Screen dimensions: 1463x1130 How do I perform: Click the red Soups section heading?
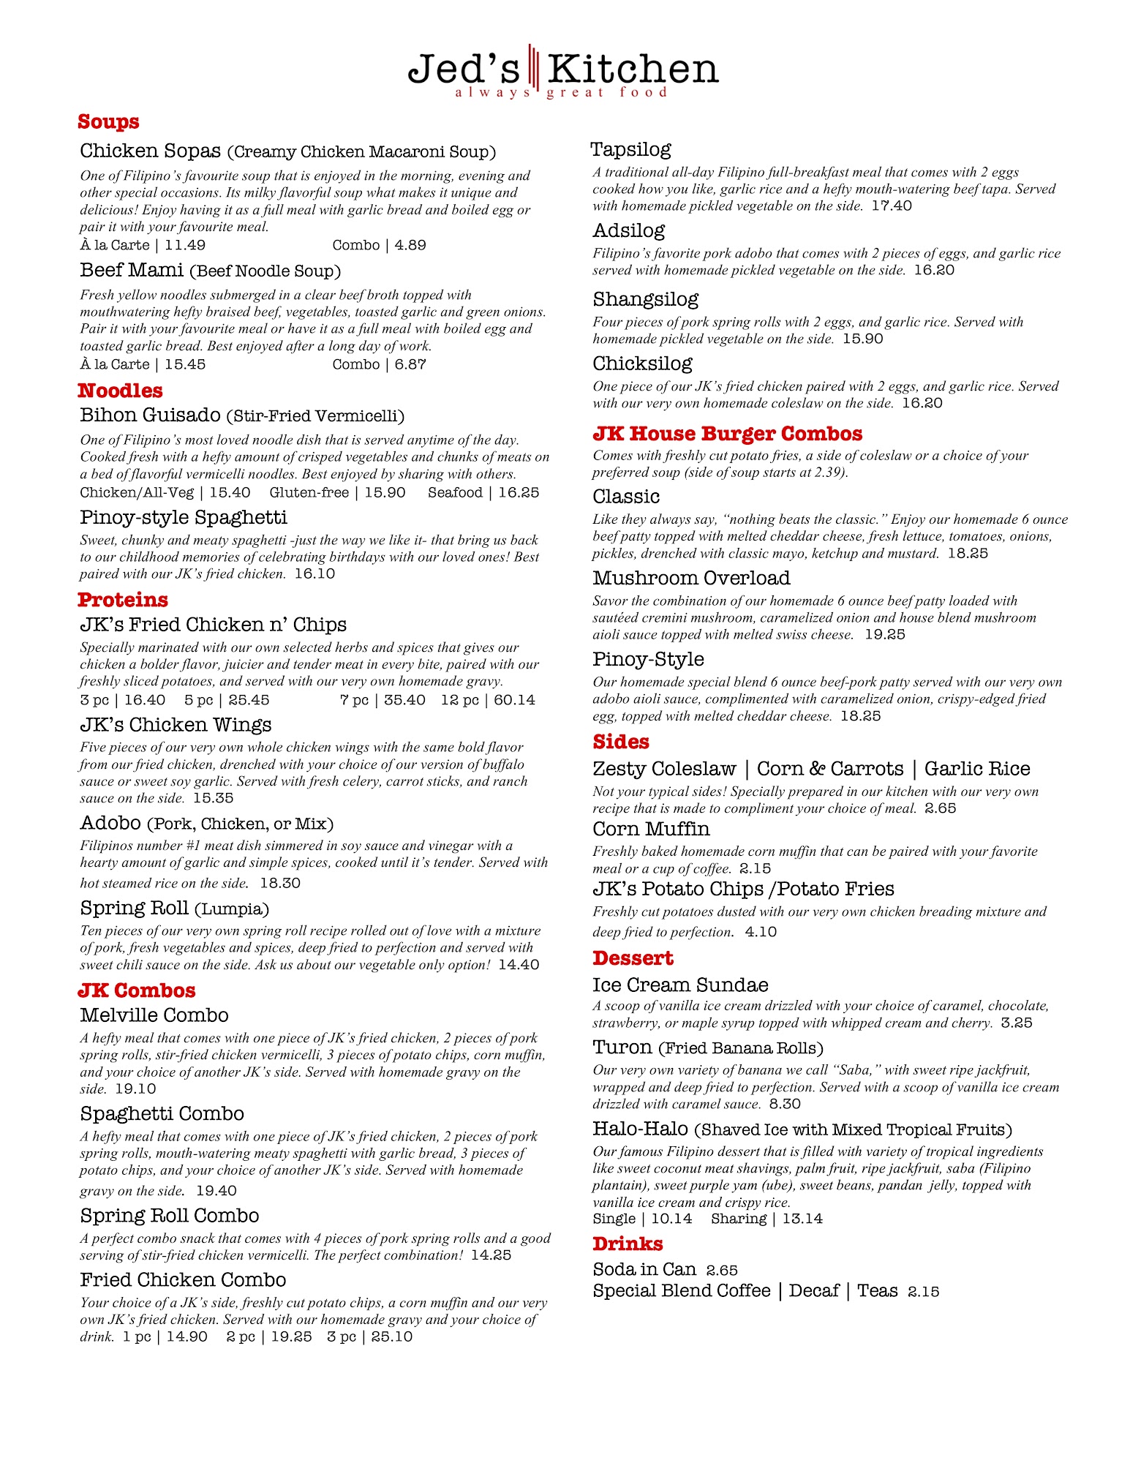pyautogui.click(x=108, y=122)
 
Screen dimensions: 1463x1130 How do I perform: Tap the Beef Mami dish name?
pyautogui.click(x=132, y=271)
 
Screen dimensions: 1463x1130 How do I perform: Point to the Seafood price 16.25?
pyautogui.click(x=519, y=493)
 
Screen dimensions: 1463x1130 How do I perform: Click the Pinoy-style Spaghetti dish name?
pyautogui.click(x=184, y=518)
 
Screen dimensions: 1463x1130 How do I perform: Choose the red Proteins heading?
pyautogui.click(x=123, y=600)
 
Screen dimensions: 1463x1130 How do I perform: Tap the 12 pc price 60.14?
pyautogui.click(x=514, y=700)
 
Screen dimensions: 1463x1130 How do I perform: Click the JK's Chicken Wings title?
pyautogui.click(x=176, y=725)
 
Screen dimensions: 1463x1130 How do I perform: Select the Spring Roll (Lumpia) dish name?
pyautogui.click(x=174, y=909)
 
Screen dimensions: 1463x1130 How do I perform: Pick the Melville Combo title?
pyautogui.click(x=154, y=1015)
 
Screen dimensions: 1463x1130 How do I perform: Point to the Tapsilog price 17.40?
pyautogui.click(x=892, y=206)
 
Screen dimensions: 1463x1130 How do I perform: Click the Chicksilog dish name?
pyautogui.click(x=642, y=364)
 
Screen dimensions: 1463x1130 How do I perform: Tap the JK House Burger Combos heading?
pyautogui.click(x=727, y=434)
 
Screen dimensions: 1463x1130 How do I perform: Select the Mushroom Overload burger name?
pyautogui.click(x=691, y=579)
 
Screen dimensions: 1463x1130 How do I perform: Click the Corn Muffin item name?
pyautogui.click(x=651, y=830)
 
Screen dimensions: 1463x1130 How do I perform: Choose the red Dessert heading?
pyautogui.click(x=633, y=958)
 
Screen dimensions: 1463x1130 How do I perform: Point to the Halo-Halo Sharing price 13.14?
pyautogui.click(x=802, y=1219)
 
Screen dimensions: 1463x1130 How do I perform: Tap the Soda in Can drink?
pyautogui.click(x=644, y=1269)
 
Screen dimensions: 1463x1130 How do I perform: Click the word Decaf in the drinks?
pyautogui.click(x=813, y=1291)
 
